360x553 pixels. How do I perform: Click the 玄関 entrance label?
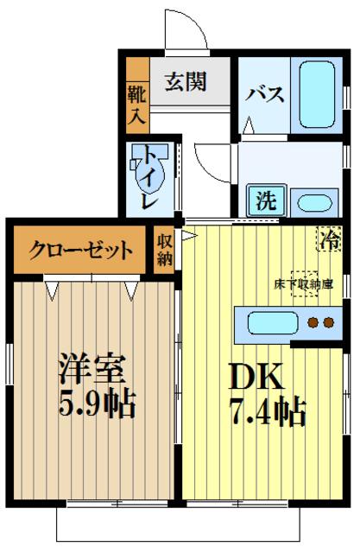pos(186,82)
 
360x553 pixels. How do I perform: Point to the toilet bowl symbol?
pos(142,168)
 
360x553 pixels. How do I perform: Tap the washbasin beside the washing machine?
pos(314,204)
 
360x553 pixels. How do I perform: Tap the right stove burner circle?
pos(329,325)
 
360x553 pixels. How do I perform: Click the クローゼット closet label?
pos(81,251)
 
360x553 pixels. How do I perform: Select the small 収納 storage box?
pos(165,249)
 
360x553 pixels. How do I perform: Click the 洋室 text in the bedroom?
pos(93,369)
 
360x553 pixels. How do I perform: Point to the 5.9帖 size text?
pos(97,404)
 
